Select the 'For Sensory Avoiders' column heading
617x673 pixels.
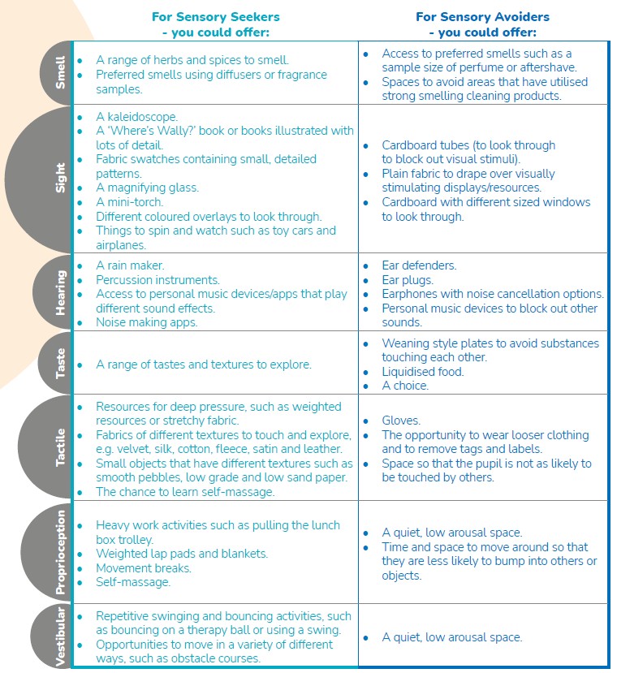tap(482, 17)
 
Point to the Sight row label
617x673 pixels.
tap(60, 178)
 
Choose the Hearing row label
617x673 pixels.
tap(60, 291)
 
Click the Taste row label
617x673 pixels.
tap(60, 363)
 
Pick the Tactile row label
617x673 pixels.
tap(60, 447)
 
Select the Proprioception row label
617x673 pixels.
tap(59, 552)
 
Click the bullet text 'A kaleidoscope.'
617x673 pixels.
tap(136, 117)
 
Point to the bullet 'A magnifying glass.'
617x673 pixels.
tap(147, 188)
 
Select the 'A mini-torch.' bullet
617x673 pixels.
tap(129, 202)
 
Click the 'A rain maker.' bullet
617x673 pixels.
tap(130, 265)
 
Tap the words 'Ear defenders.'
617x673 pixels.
tap(419, 265)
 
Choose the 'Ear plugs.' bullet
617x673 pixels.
tap(408, 280)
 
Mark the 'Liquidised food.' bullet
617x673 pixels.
tap(423, 372)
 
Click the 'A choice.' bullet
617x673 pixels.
tap(405, 386)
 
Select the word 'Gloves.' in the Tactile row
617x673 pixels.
tap(401, 421)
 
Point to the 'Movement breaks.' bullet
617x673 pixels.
tap(144, 568)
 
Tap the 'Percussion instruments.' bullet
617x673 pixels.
tap(157, 280)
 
